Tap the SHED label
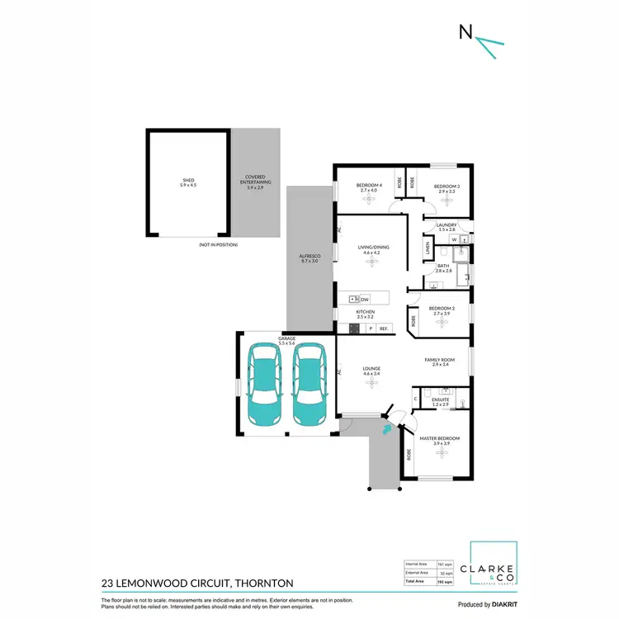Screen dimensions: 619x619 coord(189,181)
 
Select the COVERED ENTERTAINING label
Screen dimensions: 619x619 coord(258,181)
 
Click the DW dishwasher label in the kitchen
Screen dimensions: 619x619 coord(364,299)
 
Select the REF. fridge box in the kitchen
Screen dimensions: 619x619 coord(384,328)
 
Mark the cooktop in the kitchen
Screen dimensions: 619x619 coord(353,328)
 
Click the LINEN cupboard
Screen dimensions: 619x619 coord(428,247)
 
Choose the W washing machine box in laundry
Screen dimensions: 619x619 coord(454,240)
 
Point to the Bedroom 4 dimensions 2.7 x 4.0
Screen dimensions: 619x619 coord(368,190)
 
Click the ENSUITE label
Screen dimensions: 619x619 coord(439,399)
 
